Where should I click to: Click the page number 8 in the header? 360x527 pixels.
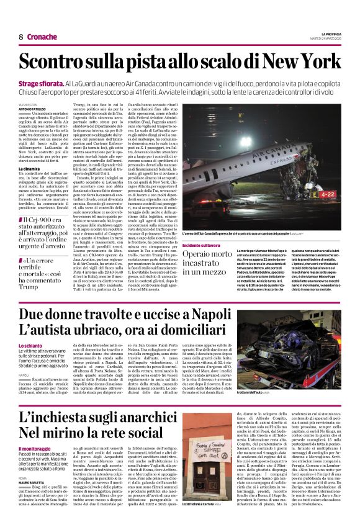(x=20, y=37)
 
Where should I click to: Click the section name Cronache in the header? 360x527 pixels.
(x=42, y=37)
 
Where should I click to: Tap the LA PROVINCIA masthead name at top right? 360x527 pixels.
(x=329, y=32)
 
